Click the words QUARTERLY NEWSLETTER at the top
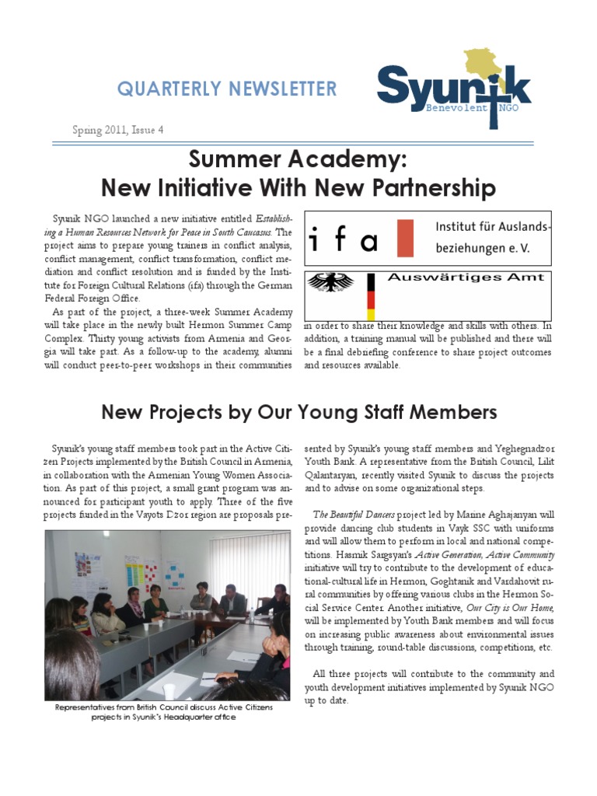pos(227,89)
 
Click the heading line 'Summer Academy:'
pos(298,161)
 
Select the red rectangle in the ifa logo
pos(405,238)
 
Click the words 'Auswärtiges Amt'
pos(465,278)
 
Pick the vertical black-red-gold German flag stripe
pos(371,296)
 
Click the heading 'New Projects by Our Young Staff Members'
pos(299,411)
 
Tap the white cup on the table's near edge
pos(169,690)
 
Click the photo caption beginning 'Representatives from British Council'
pos(164,712)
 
